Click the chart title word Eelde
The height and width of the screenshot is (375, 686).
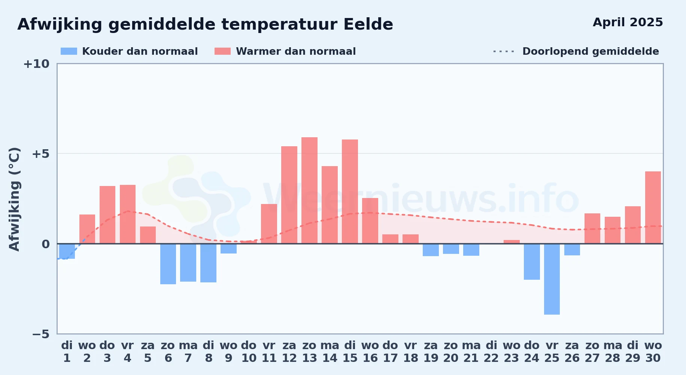(x=368, y=24)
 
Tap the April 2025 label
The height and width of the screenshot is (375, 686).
(x=628, y=22)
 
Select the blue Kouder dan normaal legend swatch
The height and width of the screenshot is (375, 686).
(x=69, y=51)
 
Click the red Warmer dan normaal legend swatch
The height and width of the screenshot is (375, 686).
(x=222, y=51)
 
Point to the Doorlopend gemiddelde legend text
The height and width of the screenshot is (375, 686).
(x=591, y=51)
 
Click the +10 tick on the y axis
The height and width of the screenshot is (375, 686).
(x=36, y=64)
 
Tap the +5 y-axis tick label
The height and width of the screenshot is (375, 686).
(x=40, y=154)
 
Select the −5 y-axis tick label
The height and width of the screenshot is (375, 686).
(x=40, y=334)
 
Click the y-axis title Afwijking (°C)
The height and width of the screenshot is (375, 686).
(x=14, y=199)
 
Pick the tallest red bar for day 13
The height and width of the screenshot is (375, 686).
(x=309, y=190)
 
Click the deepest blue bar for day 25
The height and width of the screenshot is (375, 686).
(x=552, y=279)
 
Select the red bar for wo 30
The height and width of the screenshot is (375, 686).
(x=653, y=207)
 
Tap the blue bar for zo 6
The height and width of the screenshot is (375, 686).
(x=168, y=264)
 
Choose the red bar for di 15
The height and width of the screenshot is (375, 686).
(x=350, y=192)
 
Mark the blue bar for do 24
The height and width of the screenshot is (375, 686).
(x=532, y=262)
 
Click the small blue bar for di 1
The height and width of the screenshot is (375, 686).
(x=67, y=251)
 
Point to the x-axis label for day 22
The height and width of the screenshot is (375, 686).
(x=491, y=351)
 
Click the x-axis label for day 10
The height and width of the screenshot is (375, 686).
(x=249, y=351)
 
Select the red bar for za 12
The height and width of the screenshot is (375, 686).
(x=289, y=195)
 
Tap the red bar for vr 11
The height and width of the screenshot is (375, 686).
(x=269, y=224)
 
